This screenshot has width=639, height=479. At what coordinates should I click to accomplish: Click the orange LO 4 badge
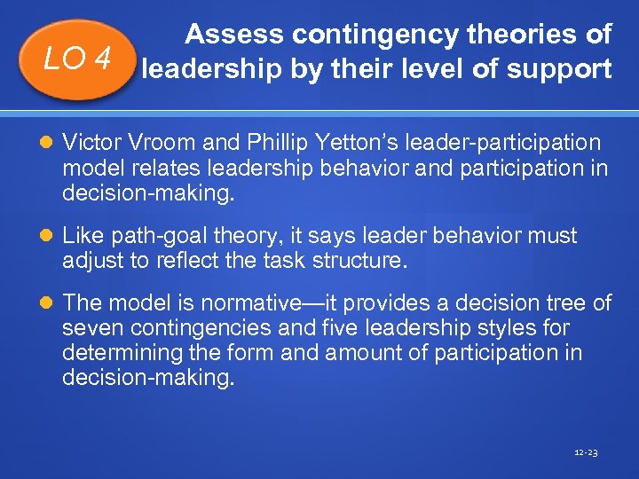(x=78, y=59)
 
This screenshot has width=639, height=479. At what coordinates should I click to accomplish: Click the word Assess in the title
(x=232, y=35)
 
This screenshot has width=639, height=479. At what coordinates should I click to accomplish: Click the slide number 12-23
(x=587, y=452)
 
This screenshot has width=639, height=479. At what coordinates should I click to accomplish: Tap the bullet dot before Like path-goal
(x=48, y=237)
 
